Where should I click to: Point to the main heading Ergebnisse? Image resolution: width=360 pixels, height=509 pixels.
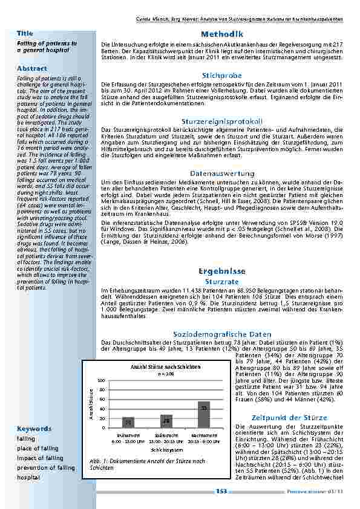(x=223, y=271)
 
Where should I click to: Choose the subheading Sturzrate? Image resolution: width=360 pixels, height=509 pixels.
(x=223, y=282)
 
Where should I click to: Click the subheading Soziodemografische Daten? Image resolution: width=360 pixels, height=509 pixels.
(x=223, y=334)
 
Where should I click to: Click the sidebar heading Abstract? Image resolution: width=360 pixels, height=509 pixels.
(x=32, y=68)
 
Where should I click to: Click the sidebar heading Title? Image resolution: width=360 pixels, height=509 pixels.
(x=25, y=33)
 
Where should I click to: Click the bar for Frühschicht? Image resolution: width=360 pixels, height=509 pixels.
(x=128, y=421)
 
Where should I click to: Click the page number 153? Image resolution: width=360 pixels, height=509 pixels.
(x=222, y=491)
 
